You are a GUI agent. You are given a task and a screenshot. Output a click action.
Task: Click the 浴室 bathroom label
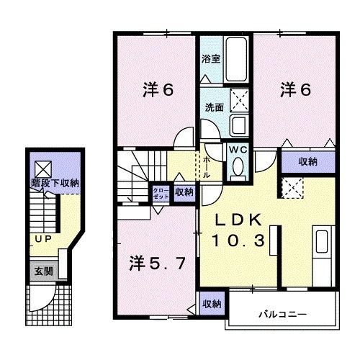210,59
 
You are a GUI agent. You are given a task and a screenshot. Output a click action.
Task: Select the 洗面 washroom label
214,107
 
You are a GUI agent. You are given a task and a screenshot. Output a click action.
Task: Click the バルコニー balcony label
282,315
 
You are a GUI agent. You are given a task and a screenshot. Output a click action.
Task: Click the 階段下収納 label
55,184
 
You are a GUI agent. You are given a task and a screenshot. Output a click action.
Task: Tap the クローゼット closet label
159,192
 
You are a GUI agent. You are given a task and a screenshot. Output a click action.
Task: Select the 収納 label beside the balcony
211,303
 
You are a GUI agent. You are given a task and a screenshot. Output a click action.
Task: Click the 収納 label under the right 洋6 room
307,162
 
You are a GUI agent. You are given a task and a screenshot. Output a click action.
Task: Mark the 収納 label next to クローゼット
184,192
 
